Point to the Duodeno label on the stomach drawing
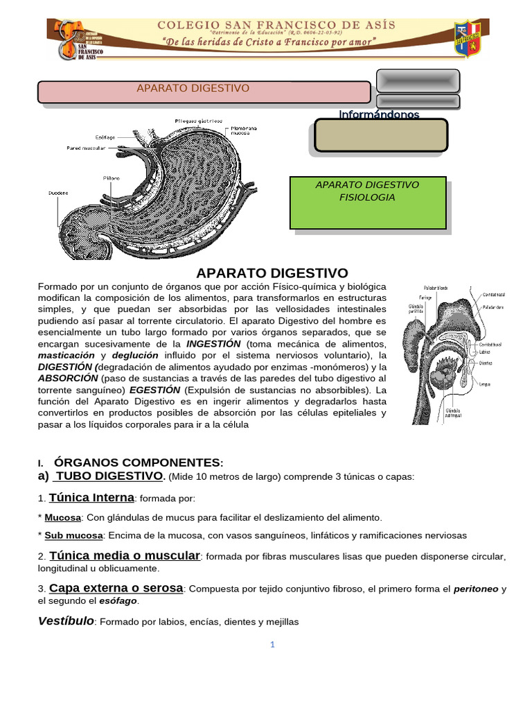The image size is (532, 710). coord(58,192)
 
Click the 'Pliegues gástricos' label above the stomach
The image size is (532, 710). coord(197,121)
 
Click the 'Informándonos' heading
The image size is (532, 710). coord(379,114)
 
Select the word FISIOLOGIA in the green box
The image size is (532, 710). coord(367,197)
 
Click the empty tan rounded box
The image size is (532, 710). coord(380,135)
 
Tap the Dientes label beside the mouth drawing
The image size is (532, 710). coord(486,361)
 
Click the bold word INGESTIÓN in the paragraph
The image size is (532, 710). coord(214,344)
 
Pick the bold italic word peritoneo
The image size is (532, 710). coord(476,589)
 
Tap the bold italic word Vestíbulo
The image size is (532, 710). coord(66,621)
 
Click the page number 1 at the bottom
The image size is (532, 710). coord(273,645)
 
